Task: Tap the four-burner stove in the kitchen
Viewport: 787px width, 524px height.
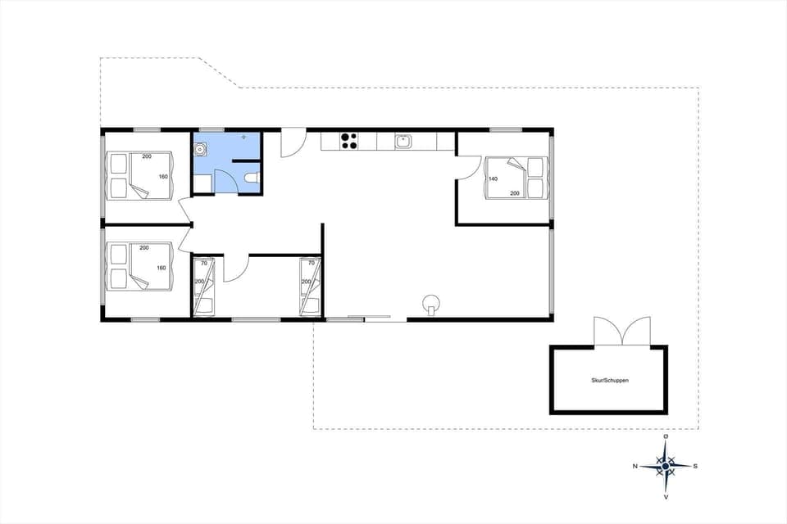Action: pyautogui.click(x=349, y=141)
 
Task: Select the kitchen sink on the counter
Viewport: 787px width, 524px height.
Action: pyautogui.click(x=403, y=141)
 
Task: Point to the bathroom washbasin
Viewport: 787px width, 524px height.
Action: pyautogui.click(x=200, y=150)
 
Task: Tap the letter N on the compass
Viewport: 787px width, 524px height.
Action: pyautogui.click(x=635, y=466)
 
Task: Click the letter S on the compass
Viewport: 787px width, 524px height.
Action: pyautogui.click(x=695, y=466)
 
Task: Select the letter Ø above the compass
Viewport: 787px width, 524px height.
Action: pyautogui.click(x=666, y=437)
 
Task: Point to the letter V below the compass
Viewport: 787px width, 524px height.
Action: pyautogui.click(x=666, y=496)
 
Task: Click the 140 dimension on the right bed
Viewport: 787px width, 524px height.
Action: pyautogui.click(x=494, y=178)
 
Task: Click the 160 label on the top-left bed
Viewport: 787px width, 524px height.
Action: pyautogui.click(x=162, y=177)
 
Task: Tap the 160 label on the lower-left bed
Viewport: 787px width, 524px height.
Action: pyautogui.click(x=162, y=268)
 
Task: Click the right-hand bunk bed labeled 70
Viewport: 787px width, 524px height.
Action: pyautogui.click(x=310, y=286)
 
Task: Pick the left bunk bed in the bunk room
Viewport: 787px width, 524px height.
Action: pyautogui.click(x=203, y=286)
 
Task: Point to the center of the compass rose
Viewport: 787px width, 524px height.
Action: pyautogui.click(x=666, y=466)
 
